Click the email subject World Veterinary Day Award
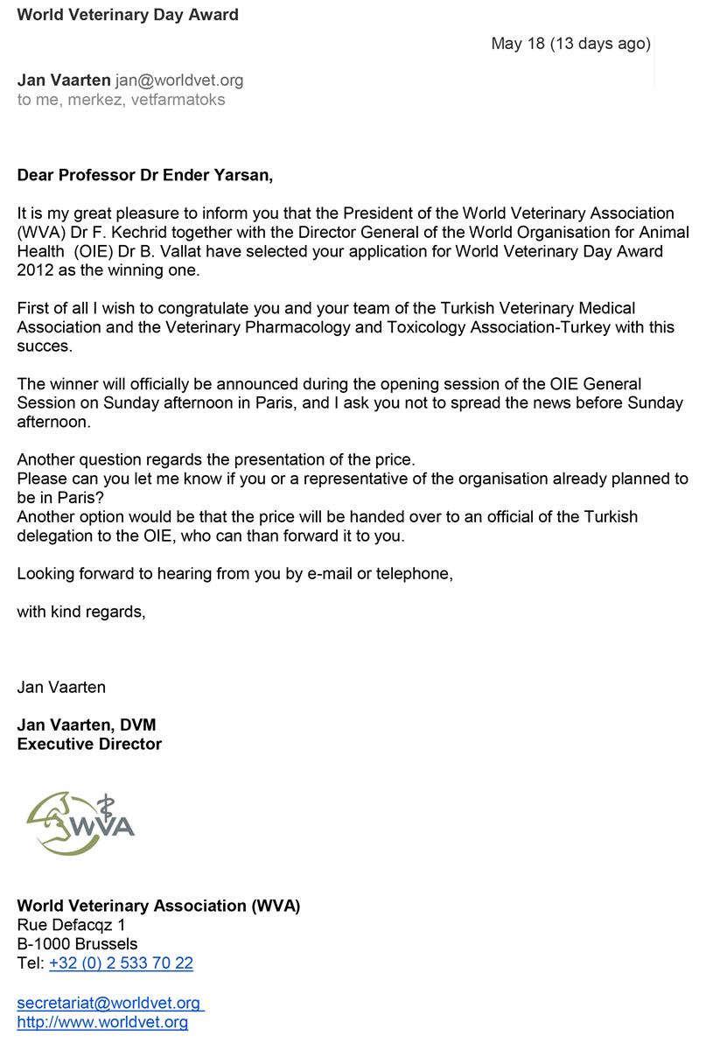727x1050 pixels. [128, 14]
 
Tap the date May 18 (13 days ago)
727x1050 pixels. [570, 43]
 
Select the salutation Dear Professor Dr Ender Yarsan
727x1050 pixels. [145, 175]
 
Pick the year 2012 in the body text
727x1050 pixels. [36, 270]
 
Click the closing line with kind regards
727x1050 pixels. [81, 612]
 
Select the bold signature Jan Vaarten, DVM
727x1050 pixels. [87, 724]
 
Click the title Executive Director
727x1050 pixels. [89, 744]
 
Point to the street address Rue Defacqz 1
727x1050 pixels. [71, 925]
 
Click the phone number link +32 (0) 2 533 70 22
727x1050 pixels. [121, 963]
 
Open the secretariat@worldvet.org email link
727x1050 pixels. [108, 1004]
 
